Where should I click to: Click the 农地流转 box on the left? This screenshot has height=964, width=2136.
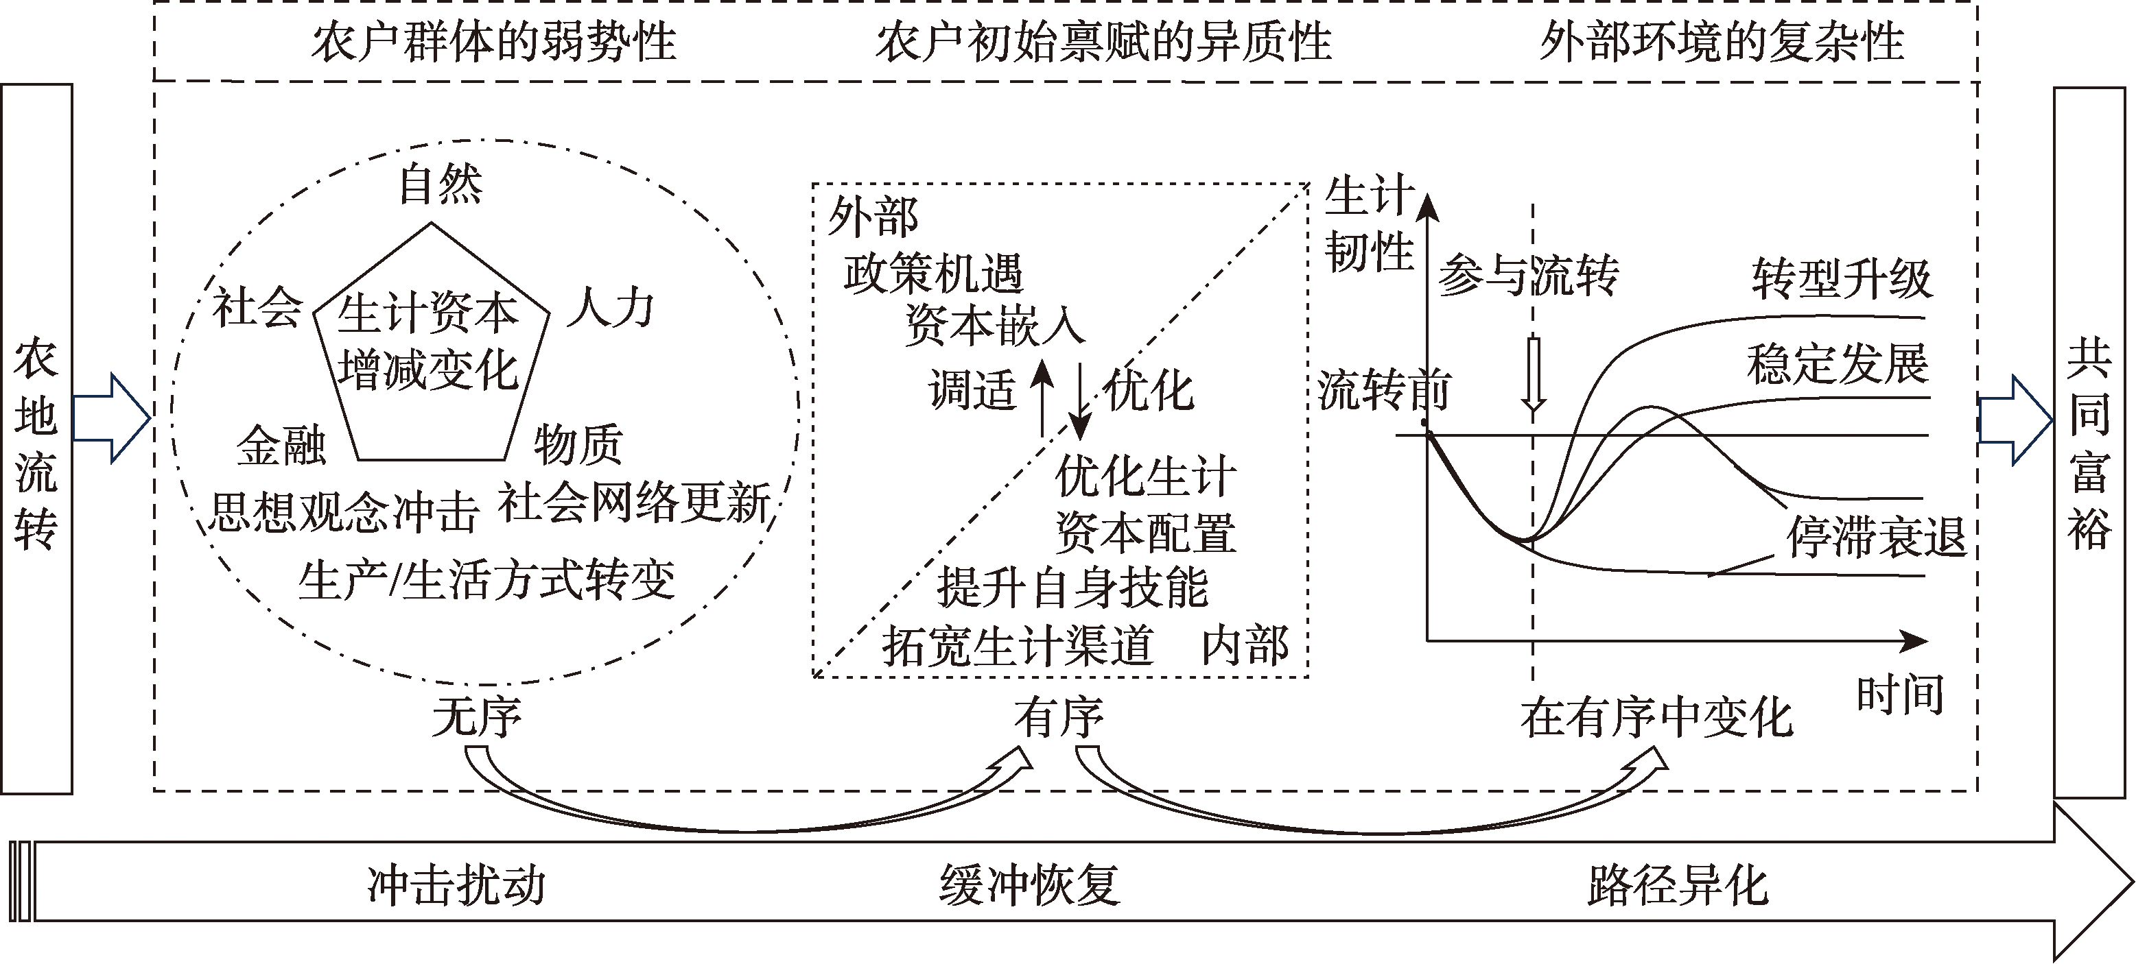click(x=36, y=439)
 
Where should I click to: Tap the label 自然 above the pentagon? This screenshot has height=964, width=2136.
click(x=441, y=184)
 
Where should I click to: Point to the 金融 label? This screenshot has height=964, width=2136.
click(x=281, y=446)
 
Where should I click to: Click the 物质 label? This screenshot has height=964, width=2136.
click(x=578, y=445)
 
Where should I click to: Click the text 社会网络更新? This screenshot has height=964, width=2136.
click(x=634, y=503)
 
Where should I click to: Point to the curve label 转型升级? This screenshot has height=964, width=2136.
click(x=1842, y=279)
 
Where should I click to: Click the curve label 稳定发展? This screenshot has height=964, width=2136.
click(x=1838, y=364)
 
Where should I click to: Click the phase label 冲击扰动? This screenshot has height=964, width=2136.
click(x=457, y=884)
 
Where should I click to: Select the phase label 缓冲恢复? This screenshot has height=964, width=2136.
click(x=1029, y=884)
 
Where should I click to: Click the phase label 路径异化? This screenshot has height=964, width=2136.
click(x=1678, y=884)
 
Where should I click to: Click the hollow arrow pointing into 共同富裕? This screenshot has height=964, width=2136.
click(x=2013, y=420)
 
